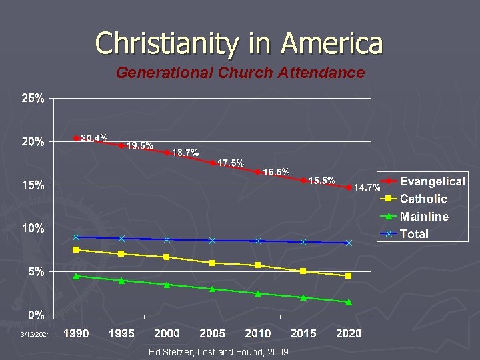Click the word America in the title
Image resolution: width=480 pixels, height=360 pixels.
[332, 43]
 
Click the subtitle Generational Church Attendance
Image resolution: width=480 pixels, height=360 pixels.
[240, 73]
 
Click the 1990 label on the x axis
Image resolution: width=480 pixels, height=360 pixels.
[76, 333]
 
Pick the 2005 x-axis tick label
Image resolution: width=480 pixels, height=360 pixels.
[212, 333]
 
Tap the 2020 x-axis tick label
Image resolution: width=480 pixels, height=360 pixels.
[349, 333]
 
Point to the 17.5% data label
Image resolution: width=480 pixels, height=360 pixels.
[231, 163]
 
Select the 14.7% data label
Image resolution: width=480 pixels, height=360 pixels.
[367, 187]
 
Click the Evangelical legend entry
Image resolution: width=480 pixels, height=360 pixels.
[432, 181]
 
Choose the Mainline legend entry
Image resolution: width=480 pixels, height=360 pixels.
[424, 216]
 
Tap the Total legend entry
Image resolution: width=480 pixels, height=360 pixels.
[414, 233]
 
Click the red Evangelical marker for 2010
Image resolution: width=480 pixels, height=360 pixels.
[257, 172]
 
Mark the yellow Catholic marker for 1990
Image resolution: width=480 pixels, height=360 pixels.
[76, 250]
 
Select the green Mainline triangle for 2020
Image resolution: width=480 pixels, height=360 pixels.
[349, 302]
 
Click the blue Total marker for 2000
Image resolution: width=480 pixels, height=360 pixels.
[167, 239]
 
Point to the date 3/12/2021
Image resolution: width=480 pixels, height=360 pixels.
[35, 334]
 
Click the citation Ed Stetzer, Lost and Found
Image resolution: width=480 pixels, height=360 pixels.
[219, 351]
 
